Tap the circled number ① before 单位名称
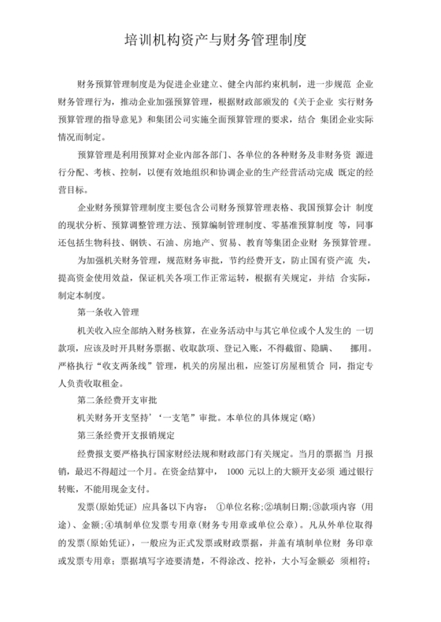point(218,506)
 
